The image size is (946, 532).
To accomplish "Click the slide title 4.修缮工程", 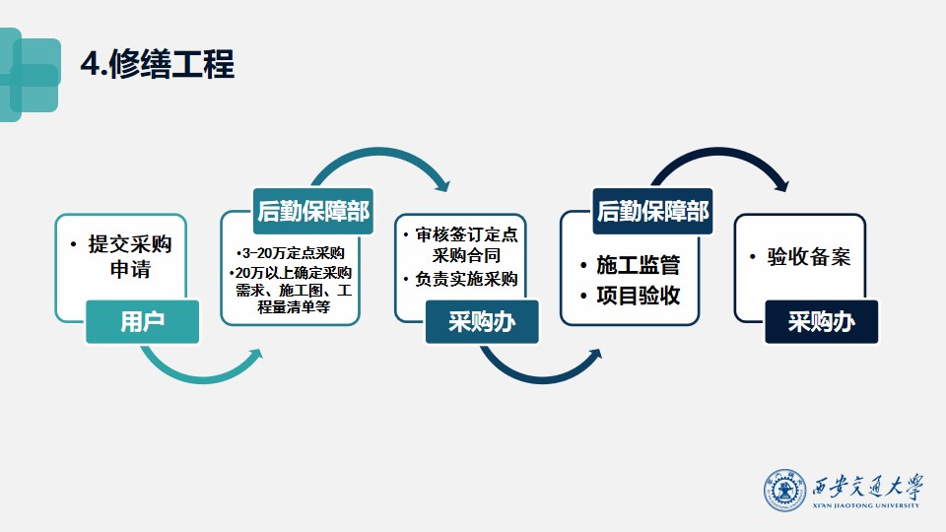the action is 158,64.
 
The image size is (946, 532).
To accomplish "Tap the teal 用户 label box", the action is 142,321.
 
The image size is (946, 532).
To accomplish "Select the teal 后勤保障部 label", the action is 313,211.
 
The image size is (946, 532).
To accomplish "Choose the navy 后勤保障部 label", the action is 652,211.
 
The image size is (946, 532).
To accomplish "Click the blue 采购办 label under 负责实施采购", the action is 482,321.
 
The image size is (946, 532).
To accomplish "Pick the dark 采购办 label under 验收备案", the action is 822,321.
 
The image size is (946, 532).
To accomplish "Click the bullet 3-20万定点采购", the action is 291,253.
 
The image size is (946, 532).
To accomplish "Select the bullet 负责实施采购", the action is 461,279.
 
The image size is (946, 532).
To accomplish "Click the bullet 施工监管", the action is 631,265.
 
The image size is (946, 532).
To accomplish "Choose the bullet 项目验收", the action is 631,296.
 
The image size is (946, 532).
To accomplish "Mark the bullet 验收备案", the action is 800,257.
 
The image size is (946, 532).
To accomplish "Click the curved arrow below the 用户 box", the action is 199,377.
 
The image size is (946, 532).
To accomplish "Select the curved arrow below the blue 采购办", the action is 539,377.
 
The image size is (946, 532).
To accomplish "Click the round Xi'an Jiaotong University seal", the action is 784,491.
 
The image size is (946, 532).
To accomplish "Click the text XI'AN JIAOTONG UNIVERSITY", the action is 866,505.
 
